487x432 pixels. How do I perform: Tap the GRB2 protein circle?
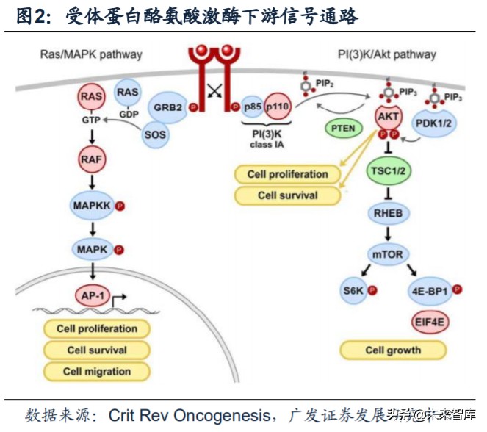(x=167, y=106)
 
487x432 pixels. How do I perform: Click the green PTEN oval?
(x=343, y=128)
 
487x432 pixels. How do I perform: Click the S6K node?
(x=353, y=290)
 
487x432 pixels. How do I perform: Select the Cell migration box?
(x=96, y=371)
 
